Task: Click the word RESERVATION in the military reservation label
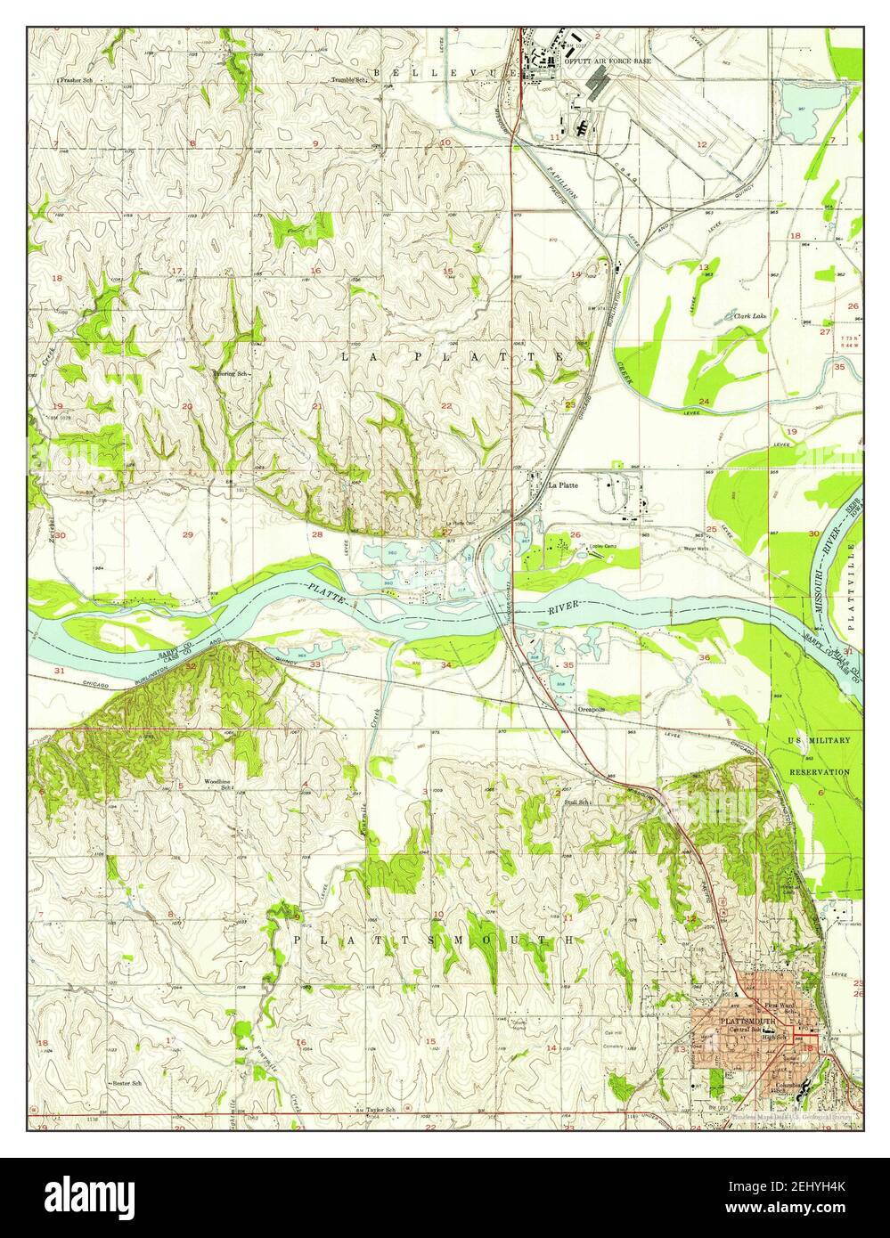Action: [x=819, y=771]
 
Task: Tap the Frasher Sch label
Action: [x=76, y=80]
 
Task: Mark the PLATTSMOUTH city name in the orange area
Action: [x=747, y=1022]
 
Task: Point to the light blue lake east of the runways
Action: [x=796, y=111]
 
